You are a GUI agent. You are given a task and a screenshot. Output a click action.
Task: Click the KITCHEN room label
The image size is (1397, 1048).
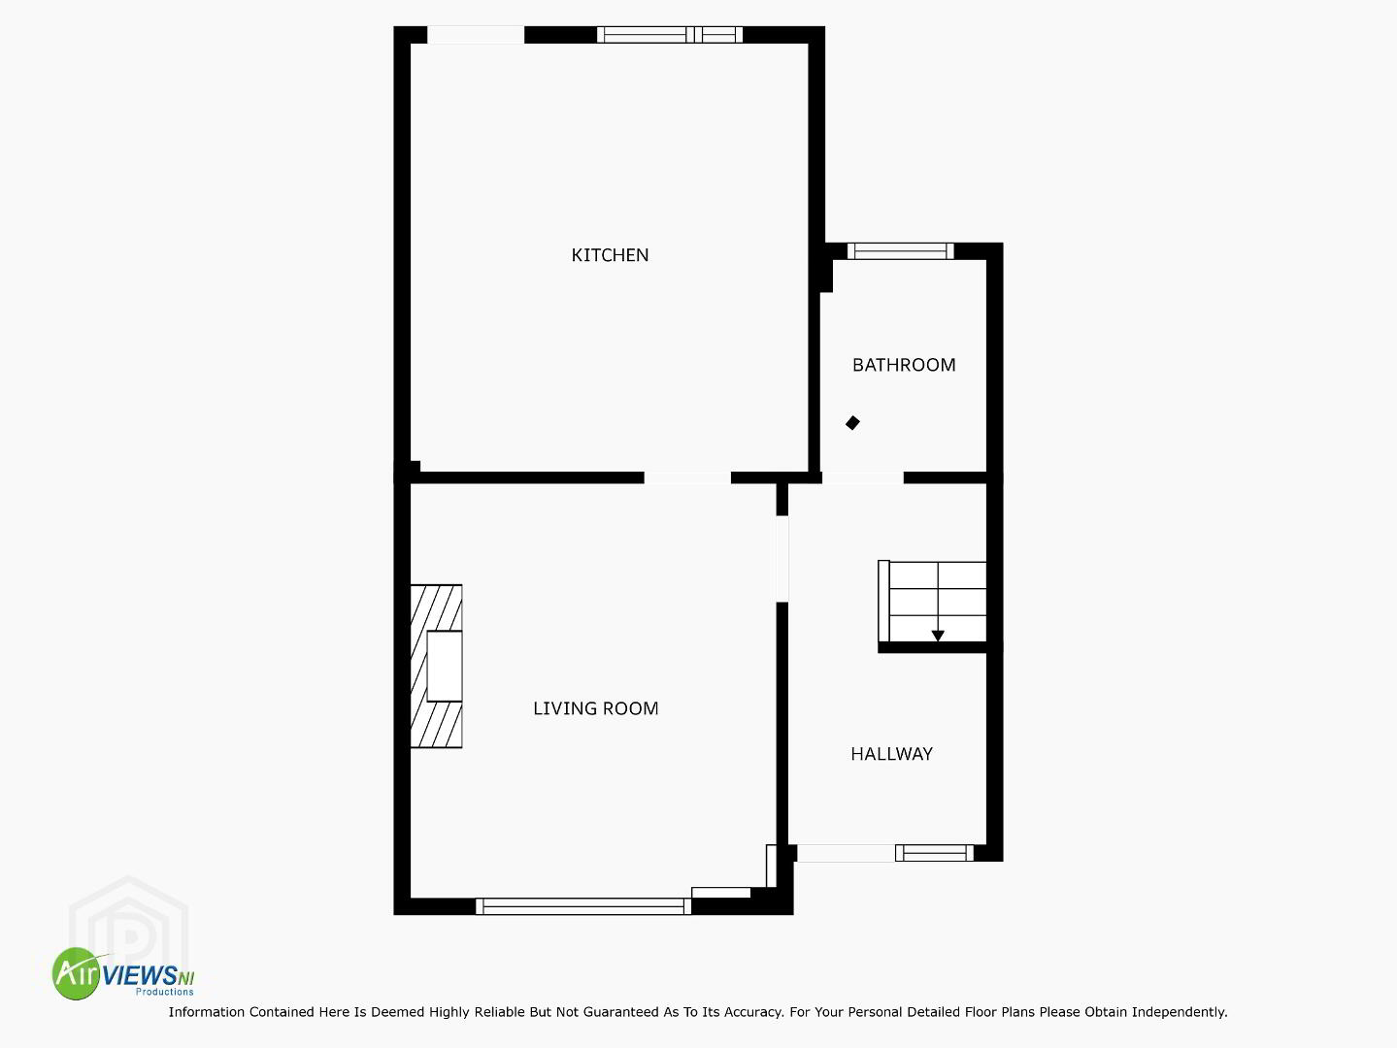[x=610, y=255]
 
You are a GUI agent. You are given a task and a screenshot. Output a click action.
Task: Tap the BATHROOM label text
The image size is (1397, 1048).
[x=904, y=365]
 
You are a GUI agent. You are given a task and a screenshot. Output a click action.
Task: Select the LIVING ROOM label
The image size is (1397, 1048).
[x=596, y=708]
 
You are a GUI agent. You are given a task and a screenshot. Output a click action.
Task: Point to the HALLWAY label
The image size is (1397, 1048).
[x=891, y=754]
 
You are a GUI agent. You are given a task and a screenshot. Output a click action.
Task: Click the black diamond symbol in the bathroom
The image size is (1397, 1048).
[x=852, y=423]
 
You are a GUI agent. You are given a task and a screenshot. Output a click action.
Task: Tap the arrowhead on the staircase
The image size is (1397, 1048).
[x=938, y=636]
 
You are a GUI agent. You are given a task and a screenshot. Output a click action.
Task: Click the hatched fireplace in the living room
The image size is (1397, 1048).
[x=437, y=666]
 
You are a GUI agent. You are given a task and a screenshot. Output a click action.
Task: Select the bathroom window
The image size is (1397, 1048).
[x=901, y=251]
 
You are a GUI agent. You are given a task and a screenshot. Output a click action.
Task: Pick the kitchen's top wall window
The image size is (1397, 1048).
[x=670, y=34]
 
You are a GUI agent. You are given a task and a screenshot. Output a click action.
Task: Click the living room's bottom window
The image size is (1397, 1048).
[x=583, y=906]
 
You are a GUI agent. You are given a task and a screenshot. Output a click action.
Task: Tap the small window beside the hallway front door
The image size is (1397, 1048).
[x=934, y=853]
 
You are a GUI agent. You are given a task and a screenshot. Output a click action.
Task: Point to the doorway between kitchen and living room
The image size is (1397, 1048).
[x=687, y=477]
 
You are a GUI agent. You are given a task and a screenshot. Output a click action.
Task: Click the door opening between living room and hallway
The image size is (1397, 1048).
[x=782, y=558]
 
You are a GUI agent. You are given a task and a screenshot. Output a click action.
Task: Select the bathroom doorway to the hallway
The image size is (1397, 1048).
[x=863, y=477]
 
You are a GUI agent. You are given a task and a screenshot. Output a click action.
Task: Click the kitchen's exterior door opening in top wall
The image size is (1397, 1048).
[x=476, y=35]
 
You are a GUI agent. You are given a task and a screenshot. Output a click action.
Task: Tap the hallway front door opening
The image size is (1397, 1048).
[x=846, y=853]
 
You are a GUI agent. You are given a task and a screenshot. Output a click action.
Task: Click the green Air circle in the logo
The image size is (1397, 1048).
[x=77, y=973]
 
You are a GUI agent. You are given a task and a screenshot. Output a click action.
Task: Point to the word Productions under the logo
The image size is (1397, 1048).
[x=164, y=992]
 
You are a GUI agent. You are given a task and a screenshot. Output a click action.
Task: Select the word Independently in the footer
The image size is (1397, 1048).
[x=1179, y=1012]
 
